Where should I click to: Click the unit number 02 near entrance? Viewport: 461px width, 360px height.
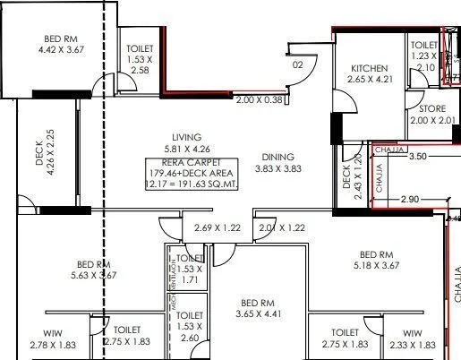[299, 64]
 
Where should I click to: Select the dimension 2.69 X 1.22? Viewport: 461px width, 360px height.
[218, 228]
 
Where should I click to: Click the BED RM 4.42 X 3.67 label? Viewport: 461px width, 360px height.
[61, 46]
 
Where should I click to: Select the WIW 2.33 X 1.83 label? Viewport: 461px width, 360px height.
[413, 338]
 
